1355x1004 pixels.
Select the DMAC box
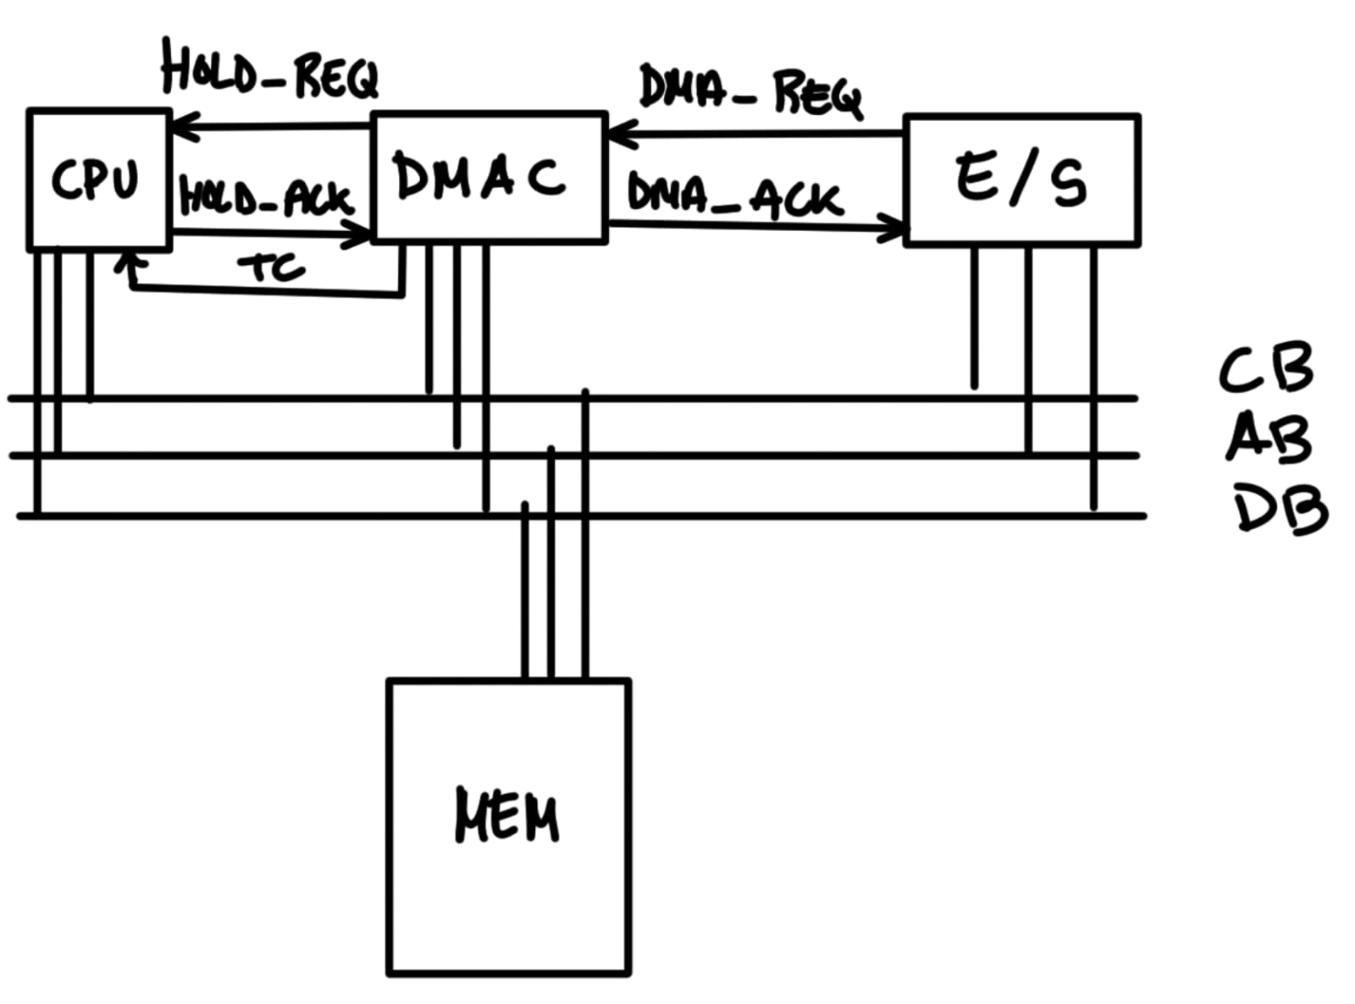pos(489,178)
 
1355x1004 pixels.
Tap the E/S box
pos(1022,179)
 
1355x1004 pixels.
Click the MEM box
pos(508,825)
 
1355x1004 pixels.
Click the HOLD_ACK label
pos(265,200)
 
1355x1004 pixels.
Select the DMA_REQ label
pos(750,91)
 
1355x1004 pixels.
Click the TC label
pos(271,268)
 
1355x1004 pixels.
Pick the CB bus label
pos(1266,368)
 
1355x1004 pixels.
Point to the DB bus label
pos(1279,508)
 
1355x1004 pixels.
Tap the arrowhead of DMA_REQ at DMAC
pos(621,134)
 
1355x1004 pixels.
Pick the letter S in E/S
pos(1069,183)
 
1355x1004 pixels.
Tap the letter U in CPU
pos(123,179)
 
